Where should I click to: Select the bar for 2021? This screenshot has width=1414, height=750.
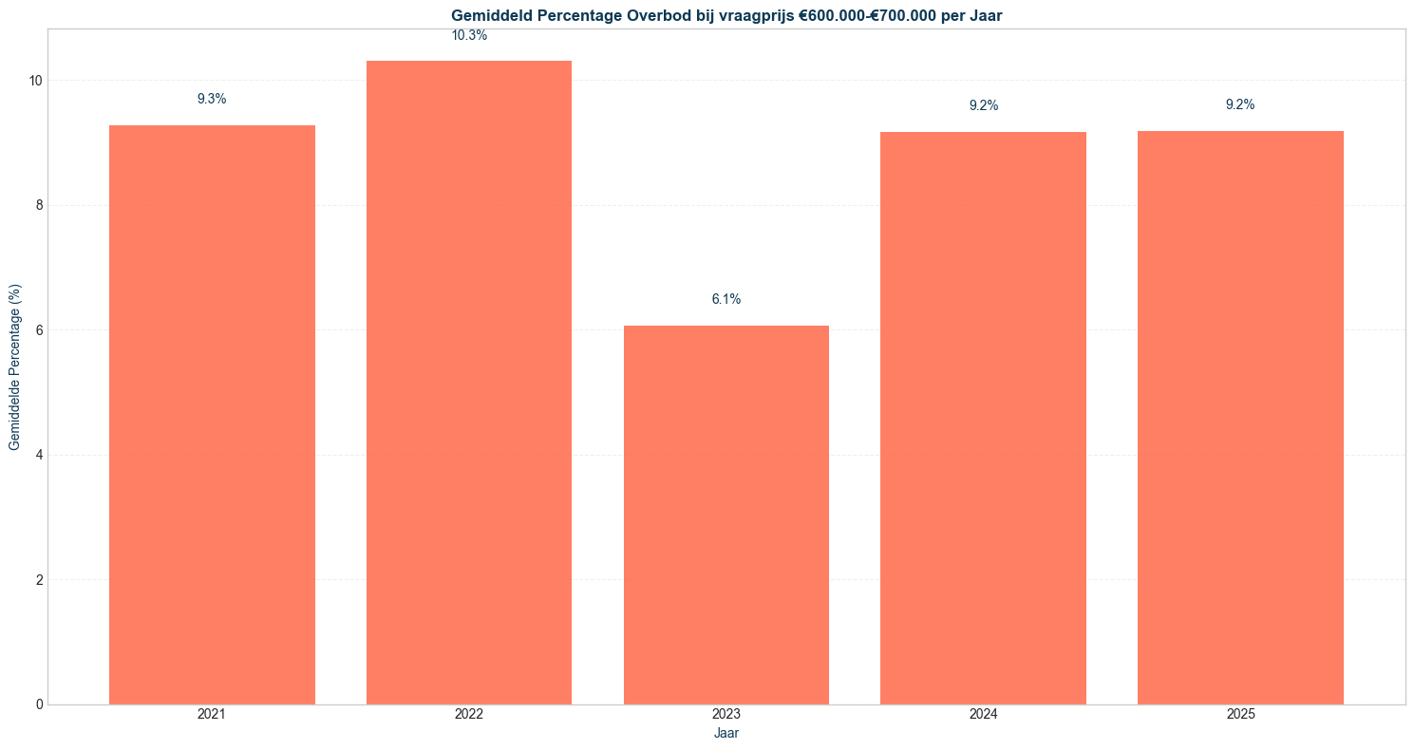point(212,415)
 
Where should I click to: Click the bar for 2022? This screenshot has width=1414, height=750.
point(469,383)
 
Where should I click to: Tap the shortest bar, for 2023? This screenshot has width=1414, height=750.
point(726,516)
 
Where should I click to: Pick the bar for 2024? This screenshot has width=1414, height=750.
point(984,419)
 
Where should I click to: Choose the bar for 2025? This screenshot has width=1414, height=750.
point(1240,418)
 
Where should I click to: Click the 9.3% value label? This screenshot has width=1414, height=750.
point(212,99)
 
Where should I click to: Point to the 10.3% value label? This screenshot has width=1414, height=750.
point(469,36)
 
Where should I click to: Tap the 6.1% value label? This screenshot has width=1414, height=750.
point(726,299)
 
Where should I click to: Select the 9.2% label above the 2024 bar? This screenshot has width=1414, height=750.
point(984,106)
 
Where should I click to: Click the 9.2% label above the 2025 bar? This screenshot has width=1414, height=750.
point(1240,104)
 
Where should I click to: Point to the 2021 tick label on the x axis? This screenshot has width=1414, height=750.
point(212,715)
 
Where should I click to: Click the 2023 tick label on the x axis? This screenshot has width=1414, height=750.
point(726,715)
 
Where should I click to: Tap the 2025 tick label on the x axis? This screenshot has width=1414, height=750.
point(1240,715)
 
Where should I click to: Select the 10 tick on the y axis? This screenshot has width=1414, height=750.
point(35,81)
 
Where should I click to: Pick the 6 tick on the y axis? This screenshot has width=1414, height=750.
point(39,330)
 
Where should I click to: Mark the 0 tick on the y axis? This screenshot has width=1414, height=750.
point(39,704)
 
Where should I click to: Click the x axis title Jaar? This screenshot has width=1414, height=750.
point(726,734)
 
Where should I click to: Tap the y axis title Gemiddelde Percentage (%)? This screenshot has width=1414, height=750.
point(14,367)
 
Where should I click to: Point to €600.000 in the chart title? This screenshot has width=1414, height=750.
point(833,16)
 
